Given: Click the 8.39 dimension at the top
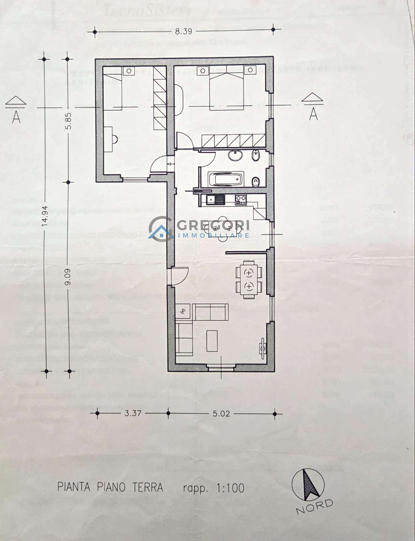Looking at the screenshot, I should click(183, 31).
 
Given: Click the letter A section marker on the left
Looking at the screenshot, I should click(16, 117).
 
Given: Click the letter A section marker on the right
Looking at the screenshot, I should click(313, 114).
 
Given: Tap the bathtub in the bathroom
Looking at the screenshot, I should click(225, 179).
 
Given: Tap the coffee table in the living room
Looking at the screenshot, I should click(212, 341).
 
